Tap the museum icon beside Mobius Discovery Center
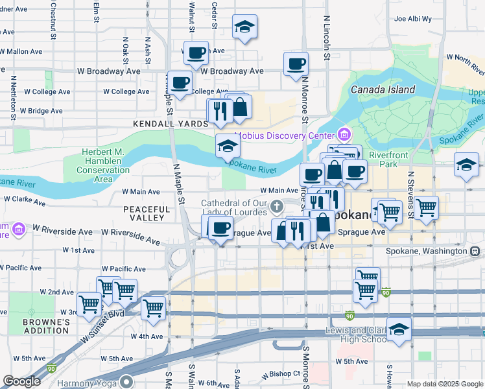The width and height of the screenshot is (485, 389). [344, 136]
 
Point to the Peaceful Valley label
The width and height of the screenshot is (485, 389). [147, 213]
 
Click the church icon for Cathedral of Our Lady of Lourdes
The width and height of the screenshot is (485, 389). [277, 207]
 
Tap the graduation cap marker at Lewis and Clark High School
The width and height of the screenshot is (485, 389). [399, 329]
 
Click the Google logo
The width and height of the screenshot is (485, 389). [21, 381]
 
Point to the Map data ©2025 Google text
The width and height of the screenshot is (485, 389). [445, 384]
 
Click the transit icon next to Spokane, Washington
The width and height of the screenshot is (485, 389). [475, 251]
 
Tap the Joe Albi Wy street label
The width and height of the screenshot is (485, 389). [412, 19]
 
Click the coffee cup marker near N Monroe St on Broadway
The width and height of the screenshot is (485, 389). [296, 64]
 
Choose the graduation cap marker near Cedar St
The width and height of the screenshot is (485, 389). [244, 27]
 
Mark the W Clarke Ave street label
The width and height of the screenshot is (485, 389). [24, 200]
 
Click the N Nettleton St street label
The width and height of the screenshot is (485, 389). [12, 98]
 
